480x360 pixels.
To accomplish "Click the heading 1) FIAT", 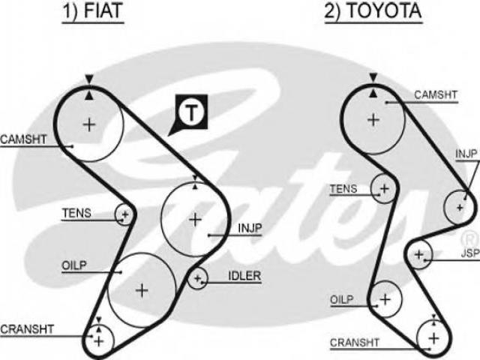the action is pyautogui.click(x=93, y=10).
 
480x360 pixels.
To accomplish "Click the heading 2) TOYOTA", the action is pyautogui.click(x=373, y=10).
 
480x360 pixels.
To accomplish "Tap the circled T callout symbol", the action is pyautogui.click(x=191, y=112).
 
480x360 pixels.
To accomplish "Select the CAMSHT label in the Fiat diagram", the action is pyautogui.click(x=23, y=139).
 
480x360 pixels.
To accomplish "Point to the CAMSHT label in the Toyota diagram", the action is pyautogui.click(x=436, y=95).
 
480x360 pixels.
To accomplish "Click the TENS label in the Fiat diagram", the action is pyautogui.click(x=76, y=213).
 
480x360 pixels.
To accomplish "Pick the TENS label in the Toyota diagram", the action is pyautogui.click(x=343, y=189).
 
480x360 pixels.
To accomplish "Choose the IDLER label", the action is pyautogui.click(x=244, y=276).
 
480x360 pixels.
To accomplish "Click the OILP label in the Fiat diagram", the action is pyautogui.click(x=74, y=265).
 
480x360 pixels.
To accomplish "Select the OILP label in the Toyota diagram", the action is pyautogui.click(x=342, y=299).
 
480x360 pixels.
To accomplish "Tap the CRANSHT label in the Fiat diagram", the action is pyautogui.click(x=27, y=329).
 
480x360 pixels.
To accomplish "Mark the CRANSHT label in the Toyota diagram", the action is pyautogui.click(x=355, y=342).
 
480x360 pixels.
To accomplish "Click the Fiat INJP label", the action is pyautogui.click(x=250, y=228).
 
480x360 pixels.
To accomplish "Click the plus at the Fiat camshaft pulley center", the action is pyautogui.click(x=89, y=124).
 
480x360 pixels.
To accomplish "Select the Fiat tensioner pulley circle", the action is pyautogui.click(x=115, y=214).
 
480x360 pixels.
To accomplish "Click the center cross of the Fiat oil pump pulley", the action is pyautogui.click(x=142, y=290).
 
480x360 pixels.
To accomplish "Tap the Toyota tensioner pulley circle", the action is pyautogui.click(x=371, y=188).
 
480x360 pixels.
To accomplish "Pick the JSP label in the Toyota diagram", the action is pyautogui.click(x=470, y=253).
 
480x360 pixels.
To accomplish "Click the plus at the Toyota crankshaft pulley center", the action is pyautogui.click(x=434, y=338).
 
